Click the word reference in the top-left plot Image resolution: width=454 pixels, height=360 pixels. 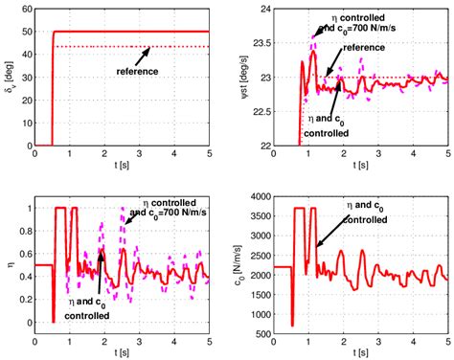pos(136,72)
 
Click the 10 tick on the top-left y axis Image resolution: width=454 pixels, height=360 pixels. pos(29,124)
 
